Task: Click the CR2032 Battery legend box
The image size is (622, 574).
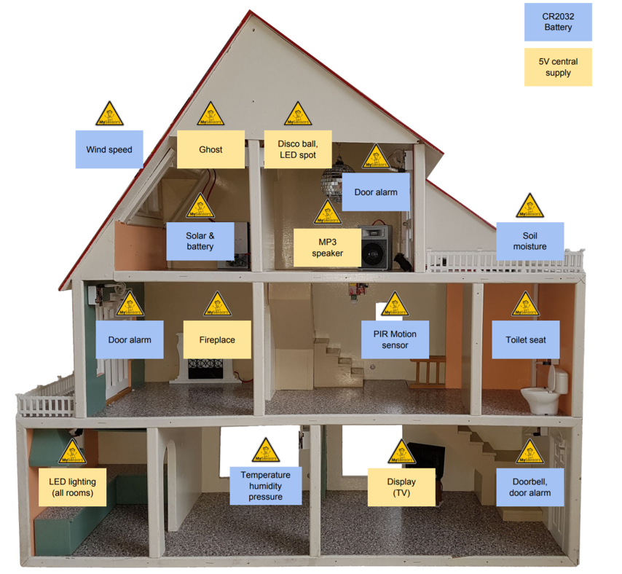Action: pos(558,23)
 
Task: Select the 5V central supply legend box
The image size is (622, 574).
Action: pos(558,67)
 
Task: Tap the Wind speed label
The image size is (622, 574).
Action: pos(109,149)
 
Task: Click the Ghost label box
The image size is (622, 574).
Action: pos(210,149)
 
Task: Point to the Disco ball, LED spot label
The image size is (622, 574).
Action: pos(298,149)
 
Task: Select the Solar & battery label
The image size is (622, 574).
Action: pos(200,241)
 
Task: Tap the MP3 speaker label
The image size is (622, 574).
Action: pos(327,248)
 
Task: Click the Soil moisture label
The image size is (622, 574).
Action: pos(530,241)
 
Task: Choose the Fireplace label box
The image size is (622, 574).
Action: pos(217,339)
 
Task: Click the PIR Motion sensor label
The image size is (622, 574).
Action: pos(395,339)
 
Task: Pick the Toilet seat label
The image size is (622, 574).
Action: pos(526,339)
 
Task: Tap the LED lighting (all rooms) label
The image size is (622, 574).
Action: pos(73,487)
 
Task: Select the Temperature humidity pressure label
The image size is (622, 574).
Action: pos(265,486)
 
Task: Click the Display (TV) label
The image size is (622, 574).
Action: pos(401,487)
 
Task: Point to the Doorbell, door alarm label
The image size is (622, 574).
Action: pos(530,487)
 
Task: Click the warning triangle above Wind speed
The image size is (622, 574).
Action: pos(110,115)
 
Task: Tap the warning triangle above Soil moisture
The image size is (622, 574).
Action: pos(530,207)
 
